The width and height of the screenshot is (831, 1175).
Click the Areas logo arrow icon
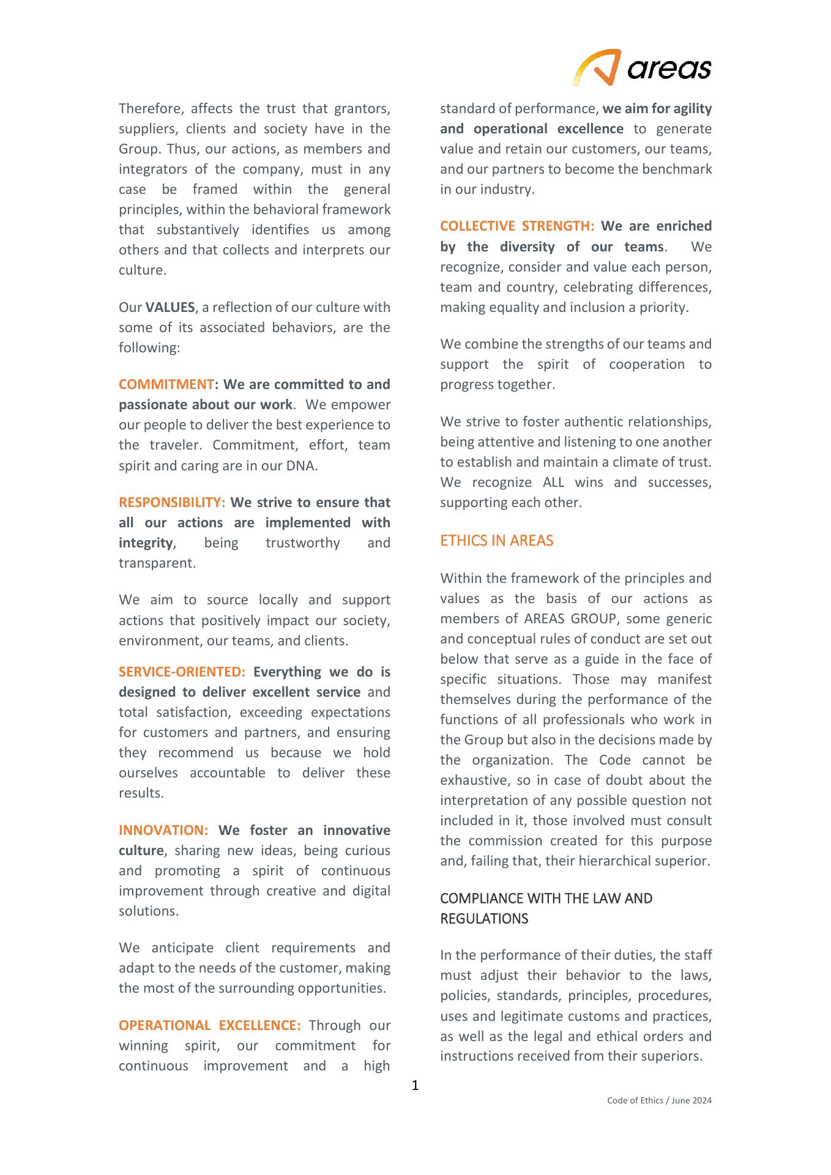[x=597, y=67]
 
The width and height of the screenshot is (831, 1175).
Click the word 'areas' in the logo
[x=669, y=69]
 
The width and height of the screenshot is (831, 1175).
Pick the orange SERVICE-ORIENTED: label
[x=182, y=672]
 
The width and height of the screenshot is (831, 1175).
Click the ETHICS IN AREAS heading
[x=496, y=541]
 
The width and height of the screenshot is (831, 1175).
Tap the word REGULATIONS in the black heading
[x=484, y=919]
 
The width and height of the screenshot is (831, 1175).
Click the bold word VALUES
[x=170, y=307]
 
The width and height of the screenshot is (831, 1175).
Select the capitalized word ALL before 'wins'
[x=554, y=482]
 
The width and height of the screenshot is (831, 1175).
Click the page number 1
[x=416, y=1086]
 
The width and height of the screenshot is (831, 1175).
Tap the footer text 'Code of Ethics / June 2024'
[x=659, y=1100]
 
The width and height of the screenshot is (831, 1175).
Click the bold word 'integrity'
[x=146, y=543]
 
